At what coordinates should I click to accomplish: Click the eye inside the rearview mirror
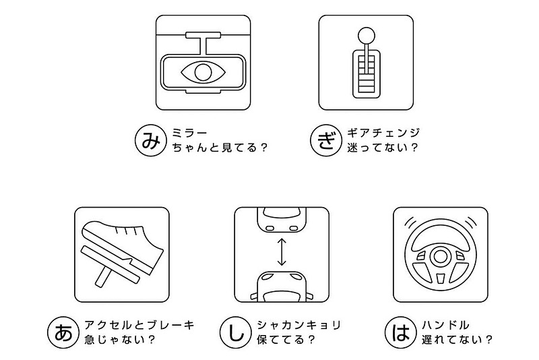click(x=203, y=71)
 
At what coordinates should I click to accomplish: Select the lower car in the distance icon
click(x=281, y=286)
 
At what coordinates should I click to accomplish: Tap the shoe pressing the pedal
click(x=125, y=243)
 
